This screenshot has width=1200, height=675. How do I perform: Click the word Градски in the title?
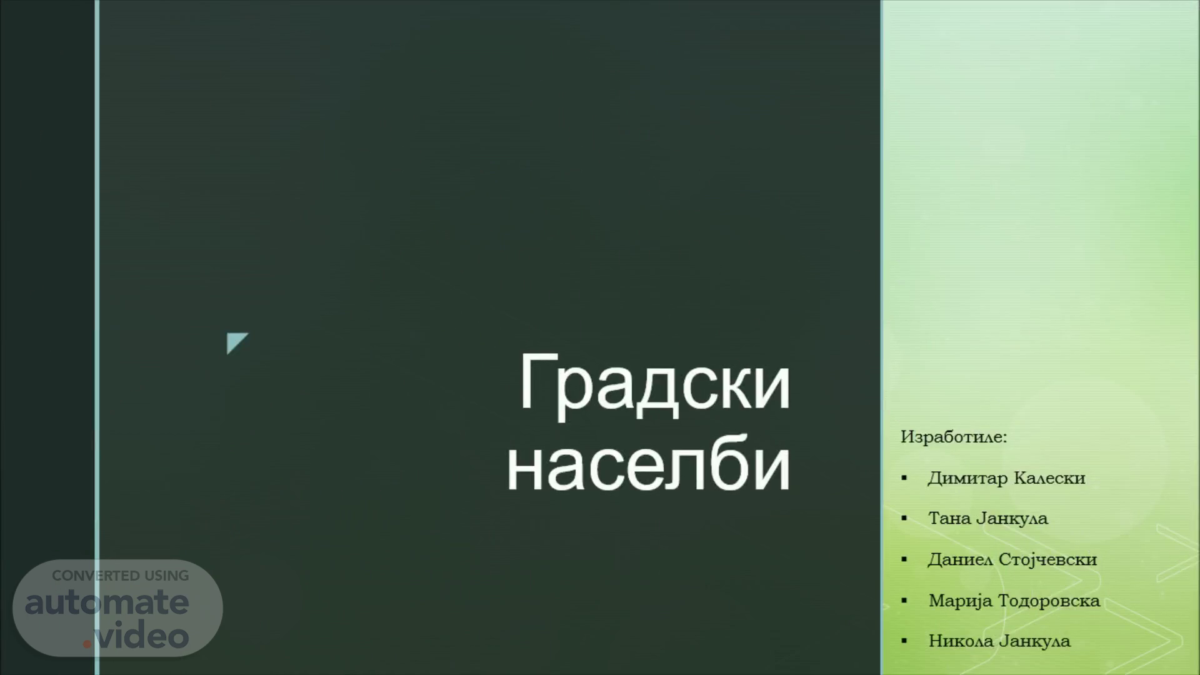pyautogui.click(x=655, y=384)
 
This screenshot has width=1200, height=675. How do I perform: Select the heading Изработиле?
pyautogui.click(x=954, y=437)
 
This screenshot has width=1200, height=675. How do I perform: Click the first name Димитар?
pyautogui.click(x=967, y=479)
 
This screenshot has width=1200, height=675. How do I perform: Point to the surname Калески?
pyautogui.click(x=1049, y=478)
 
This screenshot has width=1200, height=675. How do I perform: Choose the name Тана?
pyautogui.click(x=949, y=519)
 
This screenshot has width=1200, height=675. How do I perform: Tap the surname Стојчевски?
pyautogui.click(x=1048, y=560)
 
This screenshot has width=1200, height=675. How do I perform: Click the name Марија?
pyautogui.click(x=960, y=601)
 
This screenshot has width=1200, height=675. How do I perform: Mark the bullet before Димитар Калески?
pyautogui.click(x=904, y=479)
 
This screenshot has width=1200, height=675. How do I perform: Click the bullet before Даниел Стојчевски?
pyautogui.click(x=904, y=560)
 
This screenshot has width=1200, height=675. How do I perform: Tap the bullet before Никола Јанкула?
pyautogui.click(x=904, y=641)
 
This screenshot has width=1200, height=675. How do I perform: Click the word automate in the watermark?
pyautogui.click(x=107, y=602)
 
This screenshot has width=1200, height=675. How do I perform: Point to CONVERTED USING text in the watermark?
pyautogui.click(x=120, y=576)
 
